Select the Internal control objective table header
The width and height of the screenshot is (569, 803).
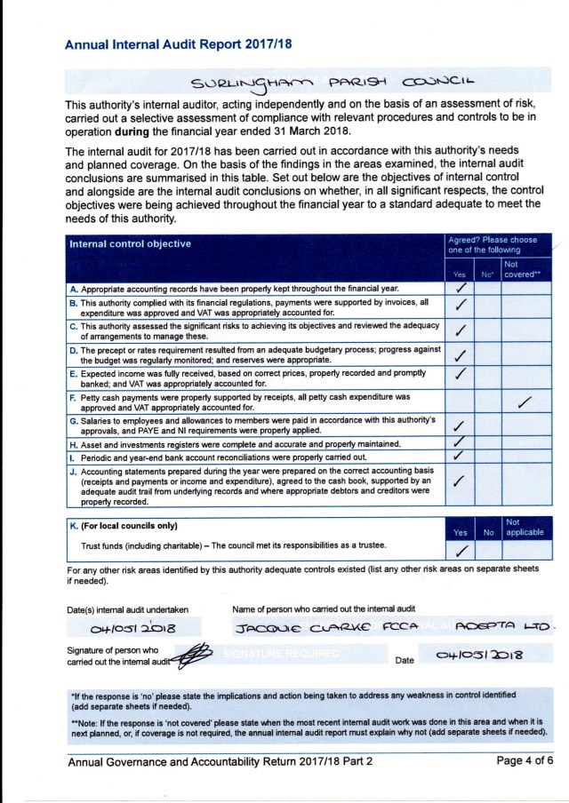point(130,243)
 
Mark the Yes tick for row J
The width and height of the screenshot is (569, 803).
point(460,481)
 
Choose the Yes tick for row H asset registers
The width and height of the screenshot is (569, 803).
point(460,441)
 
